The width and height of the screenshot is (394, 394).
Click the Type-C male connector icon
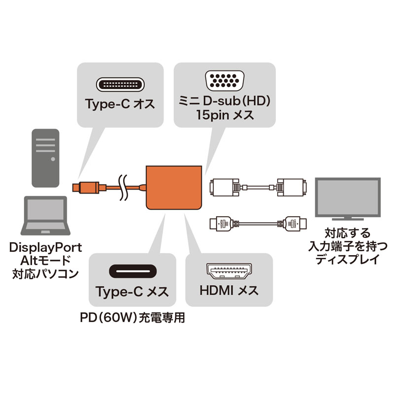pyautogui.click(x=120, y=85)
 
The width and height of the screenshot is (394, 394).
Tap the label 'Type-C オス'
pyautogui.click(x=120, y=104)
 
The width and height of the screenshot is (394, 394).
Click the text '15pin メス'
pyautogui.click(x=225, y=117)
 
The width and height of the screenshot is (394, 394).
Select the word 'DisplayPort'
pyautogui.click(x=45, y=248)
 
